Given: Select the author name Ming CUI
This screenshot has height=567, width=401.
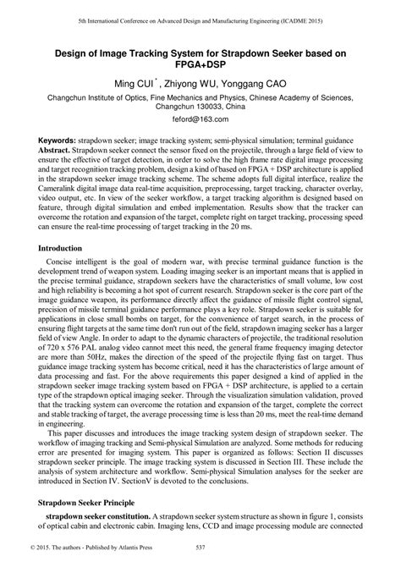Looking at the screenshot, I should [x=135, y=84].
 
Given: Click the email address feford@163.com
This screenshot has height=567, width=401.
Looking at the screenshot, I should [x=200, y=121].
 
